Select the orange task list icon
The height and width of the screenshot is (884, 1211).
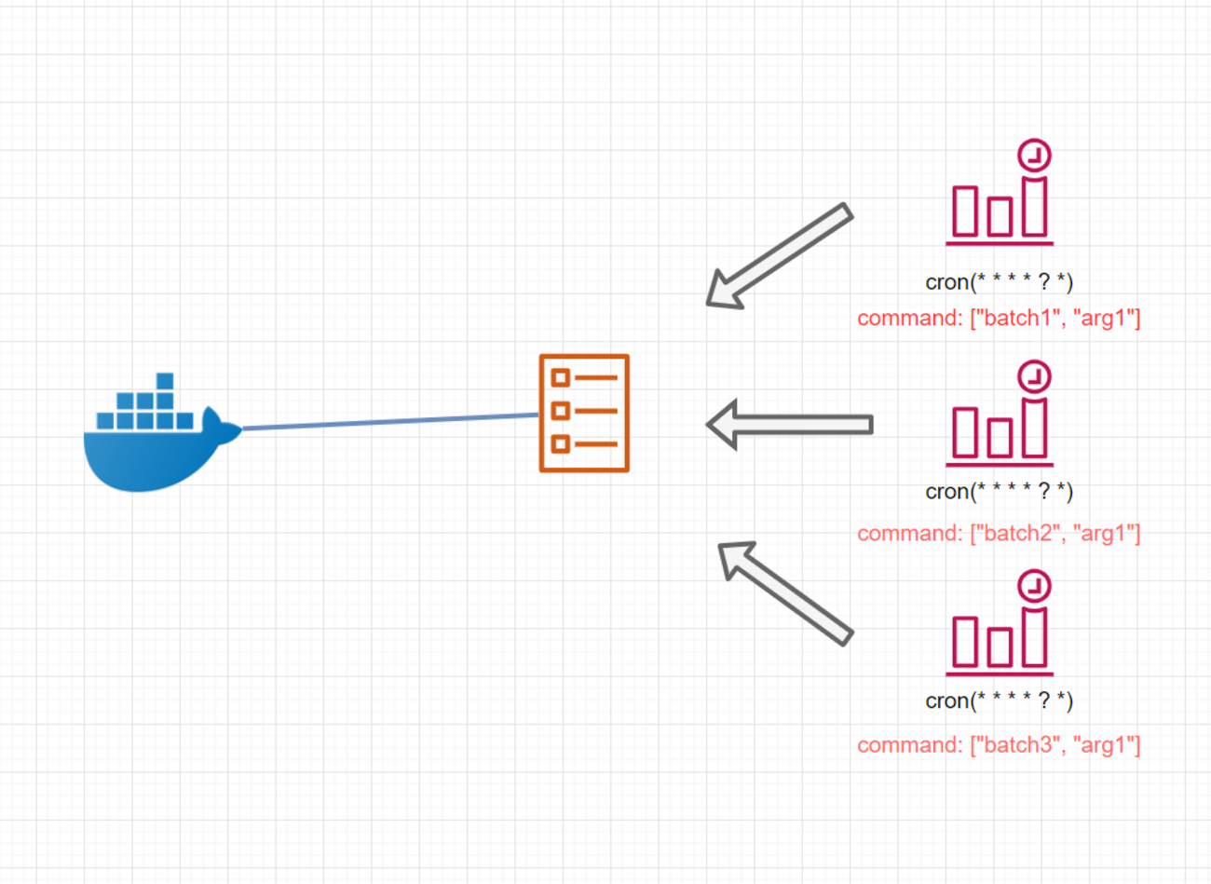click(584, 413)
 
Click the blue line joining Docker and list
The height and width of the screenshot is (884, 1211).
click(391, 422)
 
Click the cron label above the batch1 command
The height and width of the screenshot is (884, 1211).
click(999, 281)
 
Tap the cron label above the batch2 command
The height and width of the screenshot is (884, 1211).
click(999, 491)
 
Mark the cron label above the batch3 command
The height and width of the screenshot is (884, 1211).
click(999, 700)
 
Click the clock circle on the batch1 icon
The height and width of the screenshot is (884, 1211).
click(1034, 155)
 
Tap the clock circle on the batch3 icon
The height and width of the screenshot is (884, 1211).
click(1034, 586)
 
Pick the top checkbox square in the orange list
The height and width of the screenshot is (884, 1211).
click(560, 377)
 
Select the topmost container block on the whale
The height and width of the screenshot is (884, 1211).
click(165, 381)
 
